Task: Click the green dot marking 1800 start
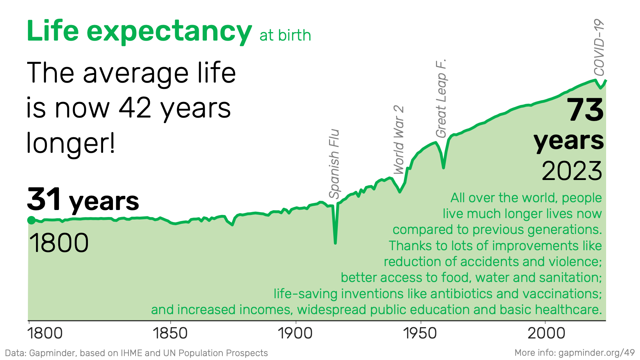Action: (x=31, y=220)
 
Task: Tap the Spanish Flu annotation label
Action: (x=334, y=164)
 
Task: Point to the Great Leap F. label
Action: (x=441, y=98)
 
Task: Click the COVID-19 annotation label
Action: (x=599, y=48)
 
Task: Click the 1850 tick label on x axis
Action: (x=171, y=334)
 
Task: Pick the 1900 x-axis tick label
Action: (x=295, y=334)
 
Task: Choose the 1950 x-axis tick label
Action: (x=420, y=334)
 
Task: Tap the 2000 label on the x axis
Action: (x=546, y=334)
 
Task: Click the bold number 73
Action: (x=586, y=110)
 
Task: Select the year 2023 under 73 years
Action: (x=572, y=171)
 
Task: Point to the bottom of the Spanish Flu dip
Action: (x=335, y=243)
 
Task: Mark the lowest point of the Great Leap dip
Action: (x=443, y=168)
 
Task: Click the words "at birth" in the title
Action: (x=285, y=36)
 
